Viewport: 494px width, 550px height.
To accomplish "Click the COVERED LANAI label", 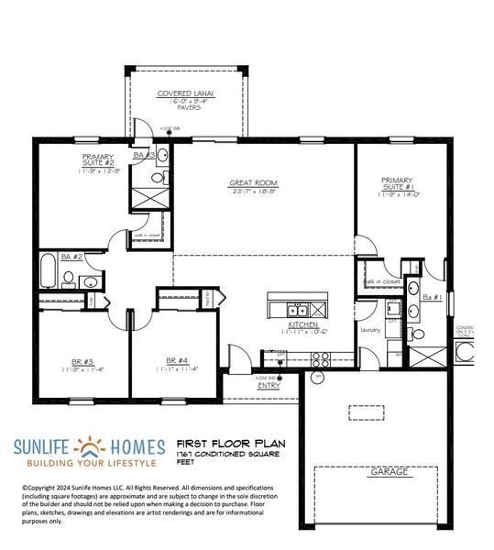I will tap(185, 93).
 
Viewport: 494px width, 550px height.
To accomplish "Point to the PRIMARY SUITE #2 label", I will tap(104, 161).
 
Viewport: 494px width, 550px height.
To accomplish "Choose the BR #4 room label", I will tap(178, 361).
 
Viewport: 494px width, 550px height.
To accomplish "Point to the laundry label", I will tap(370, 329).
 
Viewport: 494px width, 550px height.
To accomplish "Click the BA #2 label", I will tap(72, 258).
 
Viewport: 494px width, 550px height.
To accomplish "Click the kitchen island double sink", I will tap(297, 308).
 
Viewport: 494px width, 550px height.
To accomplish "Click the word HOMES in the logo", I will tap(136, 448).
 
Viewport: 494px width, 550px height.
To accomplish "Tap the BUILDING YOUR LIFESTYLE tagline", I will tap(89, 464).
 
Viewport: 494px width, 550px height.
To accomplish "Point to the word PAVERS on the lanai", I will tap(185, 107).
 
